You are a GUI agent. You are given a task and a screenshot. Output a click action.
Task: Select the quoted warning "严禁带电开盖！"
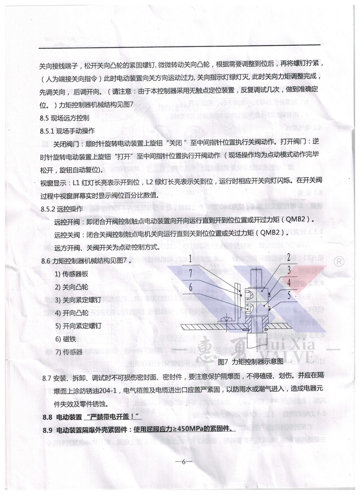click(110, 415)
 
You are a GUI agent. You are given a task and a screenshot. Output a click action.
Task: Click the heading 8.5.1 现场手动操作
click(67, 130)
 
